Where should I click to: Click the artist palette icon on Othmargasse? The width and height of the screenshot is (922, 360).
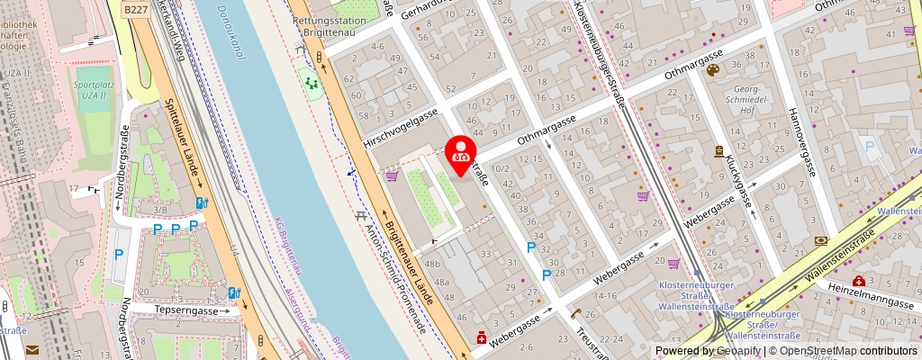pyautogui.click(x=713, y=70)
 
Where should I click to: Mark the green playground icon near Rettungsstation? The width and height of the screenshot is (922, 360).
pyautogui.click(x=312, y=84)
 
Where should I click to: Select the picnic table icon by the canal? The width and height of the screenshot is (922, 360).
pyautogui.click(x=361, y=216)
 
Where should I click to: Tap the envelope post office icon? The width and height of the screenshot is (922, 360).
pyautogui.click(x=32, y=349)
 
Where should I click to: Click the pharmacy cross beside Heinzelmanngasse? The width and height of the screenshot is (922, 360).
pyautogui.click(x=859, y=282)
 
